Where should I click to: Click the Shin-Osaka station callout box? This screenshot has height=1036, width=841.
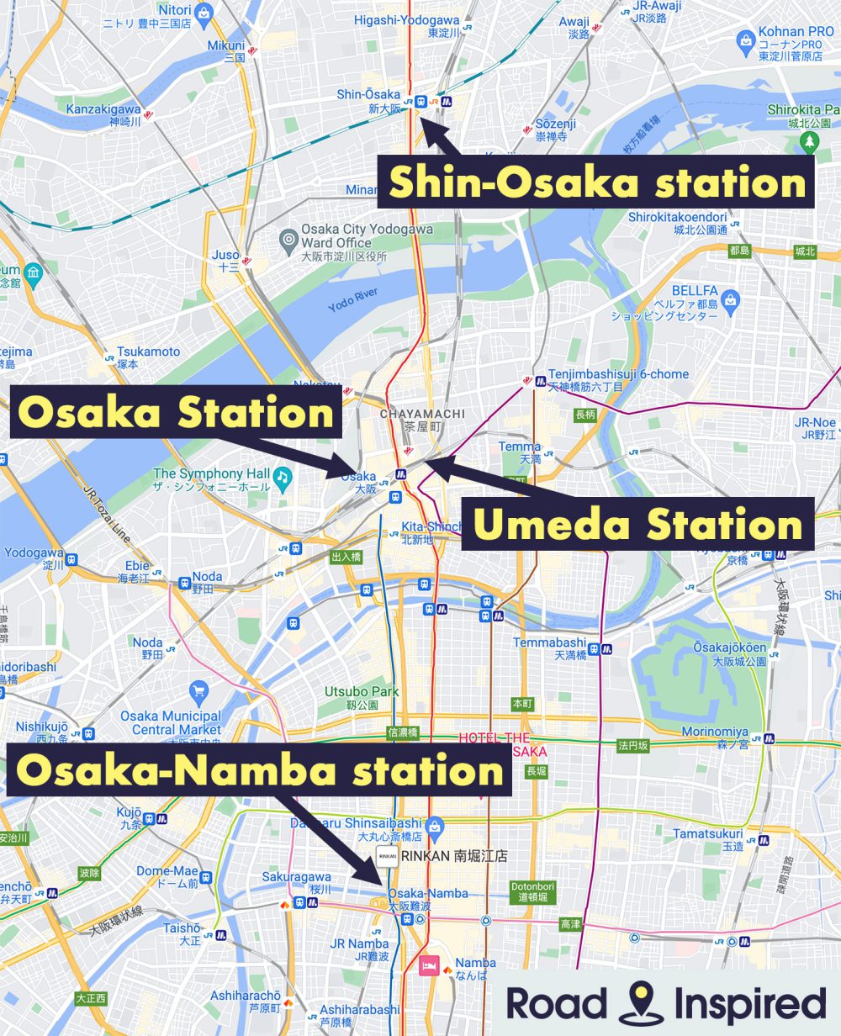(595, 182)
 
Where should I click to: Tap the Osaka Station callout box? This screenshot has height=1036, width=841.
(176, 413)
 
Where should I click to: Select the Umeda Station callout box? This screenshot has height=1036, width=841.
(637, 524)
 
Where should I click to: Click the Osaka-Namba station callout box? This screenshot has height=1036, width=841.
(260, 770)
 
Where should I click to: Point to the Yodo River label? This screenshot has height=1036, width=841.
(353, 300)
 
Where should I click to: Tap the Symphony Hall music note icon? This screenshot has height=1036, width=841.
(283, 479)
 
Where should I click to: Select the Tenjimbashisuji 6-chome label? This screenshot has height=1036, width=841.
(617, 379)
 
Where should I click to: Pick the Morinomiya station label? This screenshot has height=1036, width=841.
(715, 737)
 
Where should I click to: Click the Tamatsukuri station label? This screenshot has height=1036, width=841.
(708, 839)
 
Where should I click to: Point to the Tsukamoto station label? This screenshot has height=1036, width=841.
(149, 357)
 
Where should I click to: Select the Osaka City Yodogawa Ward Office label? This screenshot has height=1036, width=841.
(368, 241)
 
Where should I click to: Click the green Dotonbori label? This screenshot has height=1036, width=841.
(533, 891)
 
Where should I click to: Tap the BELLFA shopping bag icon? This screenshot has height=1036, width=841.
(731, 299)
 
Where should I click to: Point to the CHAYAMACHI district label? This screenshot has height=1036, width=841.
(422, 420)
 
